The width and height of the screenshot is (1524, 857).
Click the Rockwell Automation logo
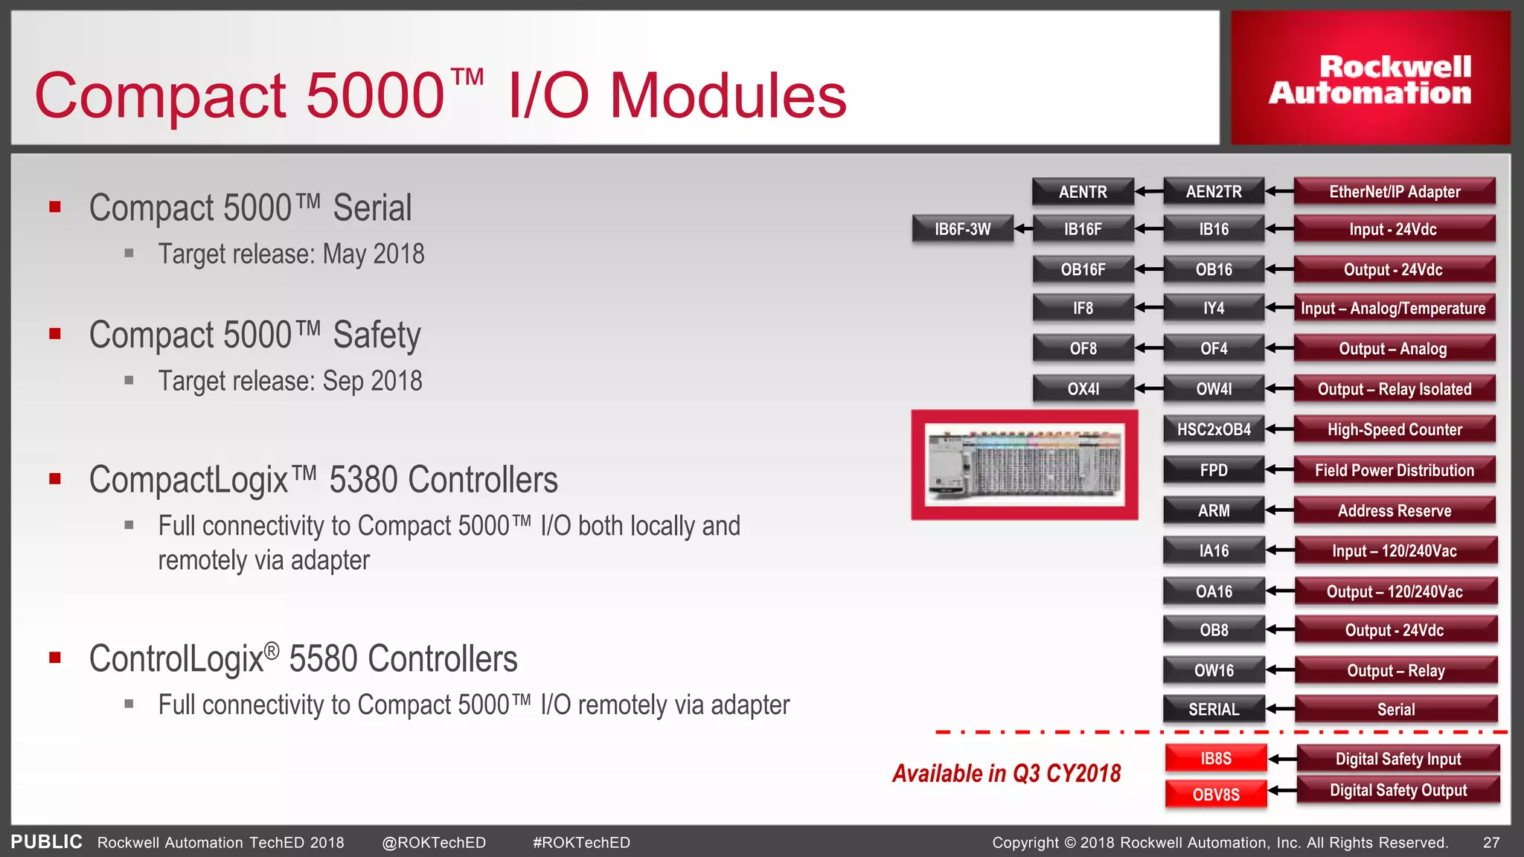1370,79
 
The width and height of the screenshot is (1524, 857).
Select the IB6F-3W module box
962,229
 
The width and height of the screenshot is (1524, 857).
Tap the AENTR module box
1083,192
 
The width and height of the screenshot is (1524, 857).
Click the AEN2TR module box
1214,192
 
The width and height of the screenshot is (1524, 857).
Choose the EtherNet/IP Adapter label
1395,192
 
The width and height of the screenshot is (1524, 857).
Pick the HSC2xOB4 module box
1214,429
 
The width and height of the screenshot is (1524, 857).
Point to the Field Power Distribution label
1395,470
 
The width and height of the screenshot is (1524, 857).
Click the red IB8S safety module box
1216,759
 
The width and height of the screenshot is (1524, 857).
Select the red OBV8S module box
1216,795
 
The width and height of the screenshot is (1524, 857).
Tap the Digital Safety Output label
1398,790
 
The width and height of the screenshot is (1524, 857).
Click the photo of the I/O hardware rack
1025,465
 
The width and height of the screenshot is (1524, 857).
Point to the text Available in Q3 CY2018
1006,774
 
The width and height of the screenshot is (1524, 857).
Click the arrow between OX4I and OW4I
1149,388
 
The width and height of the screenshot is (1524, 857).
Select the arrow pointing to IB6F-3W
1024,229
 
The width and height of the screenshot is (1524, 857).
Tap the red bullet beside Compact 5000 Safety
55,334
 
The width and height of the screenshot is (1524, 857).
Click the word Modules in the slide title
728,96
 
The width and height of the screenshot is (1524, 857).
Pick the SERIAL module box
1214,710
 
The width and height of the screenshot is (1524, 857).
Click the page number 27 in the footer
1491,843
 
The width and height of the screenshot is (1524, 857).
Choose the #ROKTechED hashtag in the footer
581,843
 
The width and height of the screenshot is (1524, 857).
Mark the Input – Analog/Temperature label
1393,308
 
